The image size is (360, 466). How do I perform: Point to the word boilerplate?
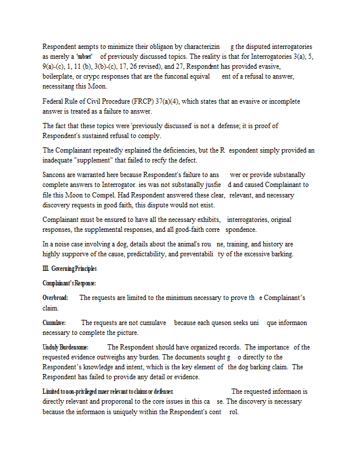[59, 76]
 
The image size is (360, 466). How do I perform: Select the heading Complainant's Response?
[69, 283]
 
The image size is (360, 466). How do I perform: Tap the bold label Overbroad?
[55, 298]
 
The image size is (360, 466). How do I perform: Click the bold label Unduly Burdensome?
[65, 347]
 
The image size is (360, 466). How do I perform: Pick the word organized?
[205, 347]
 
